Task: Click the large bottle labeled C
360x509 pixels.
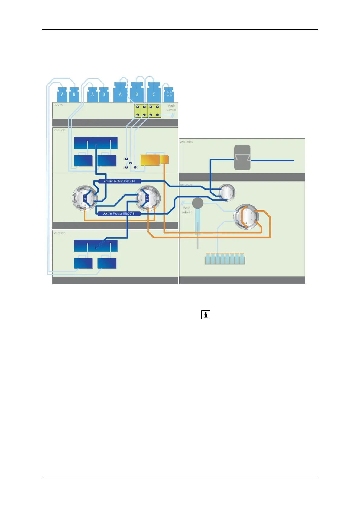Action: pyautogui.click(x=154, y=93)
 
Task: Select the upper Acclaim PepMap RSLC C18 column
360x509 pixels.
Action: pyautogui.click(x=120, y=181)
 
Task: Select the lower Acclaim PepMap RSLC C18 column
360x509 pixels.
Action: pyautogui.click(x=119, y=214)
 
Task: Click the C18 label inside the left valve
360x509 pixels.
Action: pyautogui.click(x=85, y=198)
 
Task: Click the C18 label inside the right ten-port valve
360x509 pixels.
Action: pyautogui.click(x=147, y=198)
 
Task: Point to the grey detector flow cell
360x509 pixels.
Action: pyautogui.click(x=242, y=157)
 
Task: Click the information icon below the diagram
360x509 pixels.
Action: pyautogui.click(x=206, y=315)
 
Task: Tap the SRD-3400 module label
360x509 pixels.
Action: pyautogui.click(x=58, y=105)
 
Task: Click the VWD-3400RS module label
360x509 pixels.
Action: pyautogui.click(x=186, y=142)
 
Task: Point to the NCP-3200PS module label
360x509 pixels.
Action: pyautogui.click(x=59, y=233)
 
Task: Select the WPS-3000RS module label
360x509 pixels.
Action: pyautogui.click(x=186, y=184)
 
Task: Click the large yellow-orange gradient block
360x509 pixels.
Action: pyautogui.click(x=150, y=160)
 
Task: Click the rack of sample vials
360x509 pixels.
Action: pyautogui.click(x=225, y=259)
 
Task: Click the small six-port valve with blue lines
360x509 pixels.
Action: pyautogui.click(x=226, y=192)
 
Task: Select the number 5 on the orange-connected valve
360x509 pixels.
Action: pyautogui.click(x=252, y=220)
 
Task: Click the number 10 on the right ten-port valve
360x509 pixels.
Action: pyautogui.click(x=152, y=193)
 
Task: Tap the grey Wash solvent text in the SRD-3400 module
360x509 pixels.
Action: pyautogui.click(x=171, y=108)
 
